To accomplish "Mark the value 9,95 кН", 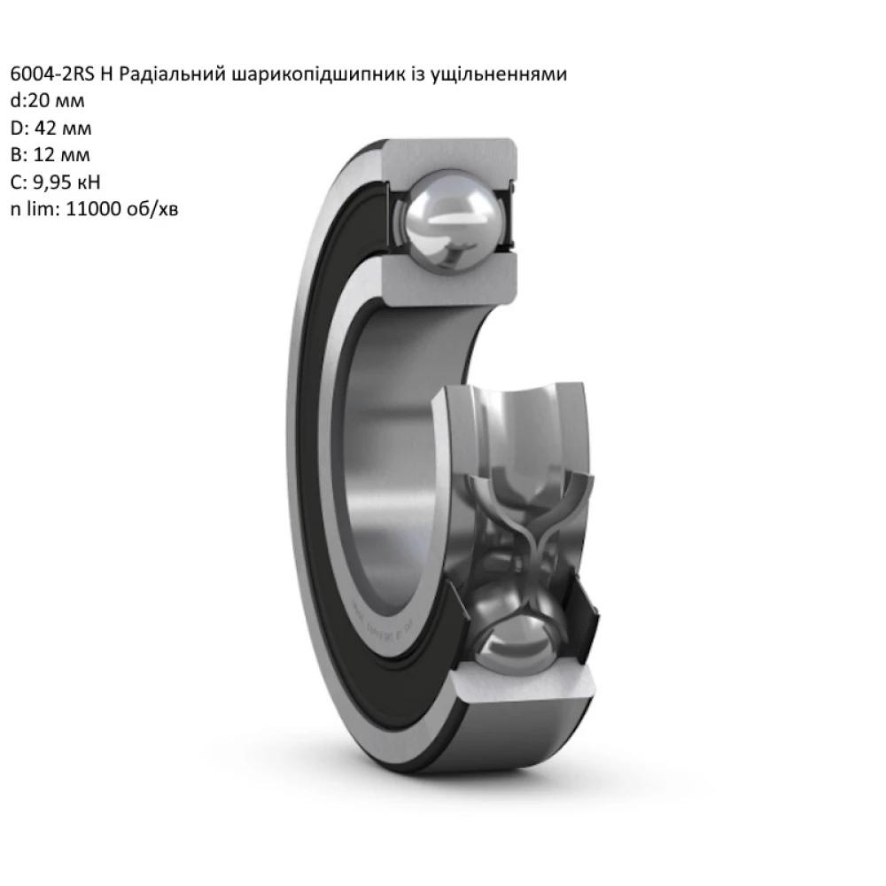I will click(x=71, y=183).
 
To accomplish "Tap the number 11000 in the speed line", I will click(x=95, y=210).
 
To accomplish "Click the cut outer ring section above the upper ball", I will click(x=447, y=154).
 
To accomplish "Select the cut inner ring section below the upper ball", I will click(x=447, y=279).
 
